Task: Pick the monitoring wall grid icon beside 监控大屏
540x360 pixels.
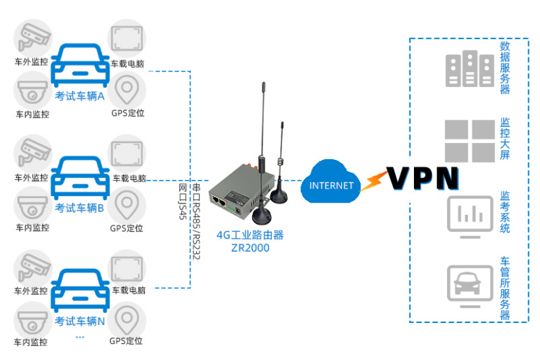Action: (x=469, y=140)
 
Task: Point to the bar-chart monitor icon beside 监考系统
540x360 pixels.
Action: (x=469, y=212)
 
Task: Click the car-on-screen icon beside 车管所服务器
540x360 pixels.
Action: (x=469, y=283)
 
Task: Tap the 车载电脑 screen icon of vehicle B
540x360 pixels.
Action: (x=127, y=152)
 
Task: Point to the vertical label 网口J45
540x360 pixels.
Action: (x=183, y=201)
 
